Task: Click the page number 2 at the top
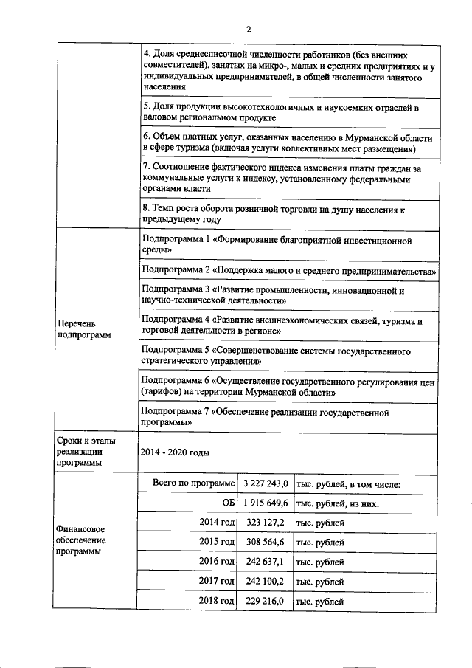249,29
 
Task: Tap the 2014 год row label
217,523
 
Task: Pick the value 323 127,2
264,523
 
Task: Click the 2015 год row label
217,543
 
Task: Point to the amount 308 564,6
264,543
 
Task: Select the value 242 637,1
264,562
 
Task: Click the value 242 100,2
264,582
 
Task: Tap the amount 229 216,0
264,602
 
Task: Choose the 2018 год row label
217,602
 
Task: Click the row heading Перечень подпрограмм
78,328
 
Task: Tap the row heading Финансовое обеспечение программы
80,542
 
